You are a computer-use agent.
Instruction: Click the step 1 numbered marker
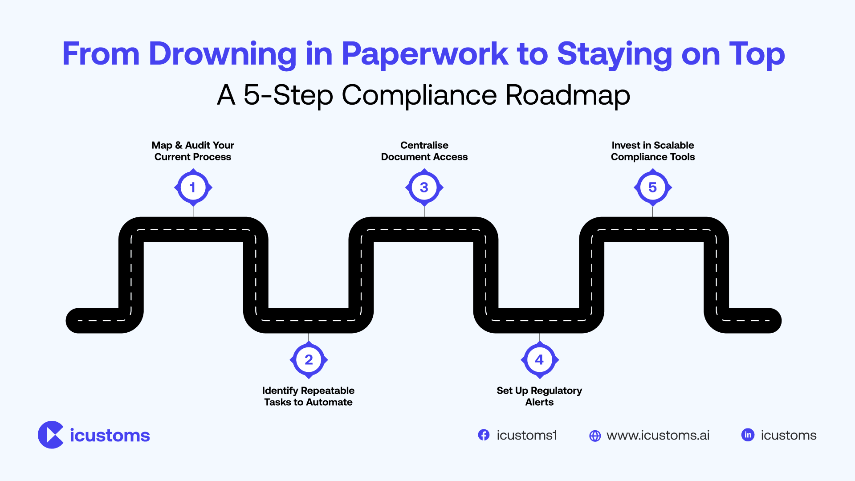click(x=193, y=188)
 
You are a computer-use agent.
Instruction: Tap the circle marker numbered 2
click(x=309, y=360)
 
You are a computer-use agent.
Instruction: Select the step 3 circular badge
click(x=424, y=188)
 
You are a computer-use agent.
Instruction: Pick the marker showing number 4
click(x=539, y=360)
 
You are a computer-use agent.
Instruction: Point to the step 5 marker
click(x=652, y=188)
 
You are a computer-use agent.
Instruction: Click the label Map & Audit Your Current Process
click(x=193, y=151)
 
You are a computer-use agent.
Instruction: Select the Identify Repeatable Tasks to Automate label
click(x=308, y=396)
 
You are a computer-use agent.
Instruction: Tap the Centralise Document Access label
click(x=424, y=151)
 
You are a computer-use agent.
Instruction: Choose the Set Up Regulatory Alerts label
click(x=539, y=396)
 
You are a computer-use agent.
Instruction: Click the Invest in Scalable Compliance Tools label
click(x=652, y=151)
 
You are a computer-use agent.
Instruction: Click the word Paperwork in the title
click(x=424, y=54)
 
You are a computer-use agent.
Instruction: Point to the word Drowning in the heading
click(x=223, y=54)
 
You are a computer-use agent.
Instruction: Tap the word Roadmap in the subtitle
click(x=568, y=95)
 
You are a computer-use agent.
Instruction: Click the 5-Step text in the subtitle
click(x=288, y=95)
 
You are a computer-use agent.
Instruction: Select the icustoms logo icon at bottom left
click(x=51, y=435)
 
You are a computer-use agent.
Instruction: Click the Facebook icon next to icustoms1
click(x=484, y=435)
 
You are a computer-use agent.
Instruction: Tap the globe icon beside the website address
click(x=595, y=436)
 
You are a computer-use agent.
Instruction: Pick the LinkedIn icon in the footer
click(x=748, y=435)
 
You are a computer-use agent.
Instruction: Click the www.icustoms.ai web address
click(x=658, y=435)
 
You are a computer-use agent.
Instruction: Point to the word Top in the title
click(x=757, y=54)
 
